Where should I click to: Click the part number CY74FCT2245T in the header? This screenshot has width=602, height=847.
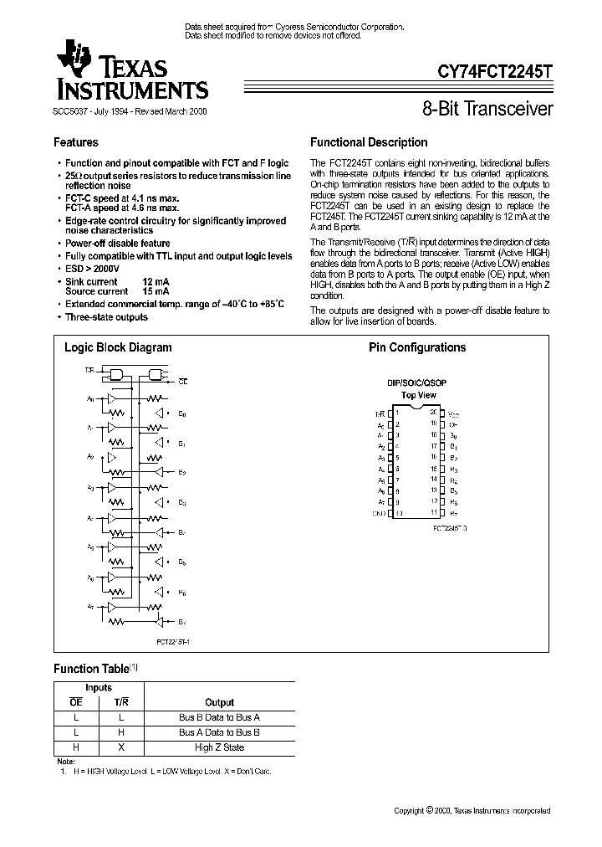pyautogui.click(x=495, y=73)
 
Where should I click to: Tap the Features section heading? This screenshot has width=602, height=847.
pyautogui.click(x=76, y=142)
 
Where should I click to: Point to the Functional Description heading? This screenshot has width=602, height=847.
pyautogui.click(x=369, y=142)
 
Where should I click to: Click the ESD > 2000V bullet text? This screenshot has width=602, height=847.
pyautogui.click(x=93, y=269)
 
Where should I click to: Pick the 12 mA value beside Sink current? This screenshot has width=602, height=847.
pyautogui.click(x=156, y=283)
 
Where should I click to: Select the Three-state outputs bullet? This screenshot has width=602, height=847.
pyautogui.click(x=106, y=317)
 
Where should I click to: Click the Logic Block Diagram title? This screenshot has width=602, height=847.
pyautogui.click(x=118, y=347)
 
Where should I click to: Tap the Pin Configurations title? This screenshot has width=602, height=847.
pyautogui.click(x=417, y=347)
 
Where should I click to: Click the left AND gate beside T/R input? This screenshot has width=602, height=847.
pyautogui.click(x=119, y=373)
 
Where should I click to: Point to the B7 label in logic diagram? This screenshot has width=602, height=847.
pyautogui.click(x=181, y=622)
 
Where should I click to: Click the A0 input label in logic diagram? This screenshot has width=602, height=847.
pyautogui.click(x=90, y=399)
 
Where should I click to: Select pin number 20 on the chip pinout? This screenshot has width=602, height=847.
pyautogui.click(x=432, y=412)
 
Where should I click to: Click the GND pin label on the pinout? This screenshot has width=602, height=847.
pyautogui.click(x=380, y=512)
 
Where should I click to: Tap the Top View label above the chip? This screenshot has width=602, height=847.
pyautogui.click(x=418, y=394)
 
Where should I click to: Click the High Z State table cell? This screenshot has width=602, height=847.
pyautogui.click(x=219, y=747)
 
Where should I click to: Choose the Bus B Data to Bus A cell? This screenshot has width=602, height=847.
pyautogui.click(x=219, y=717)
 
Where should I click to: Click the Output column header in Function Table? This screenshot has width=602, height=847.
pyautogui.click(x=219, y=702)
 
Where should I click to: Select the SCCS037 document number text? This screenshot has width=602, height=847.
pyautogui.click(x=72, y=110)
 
